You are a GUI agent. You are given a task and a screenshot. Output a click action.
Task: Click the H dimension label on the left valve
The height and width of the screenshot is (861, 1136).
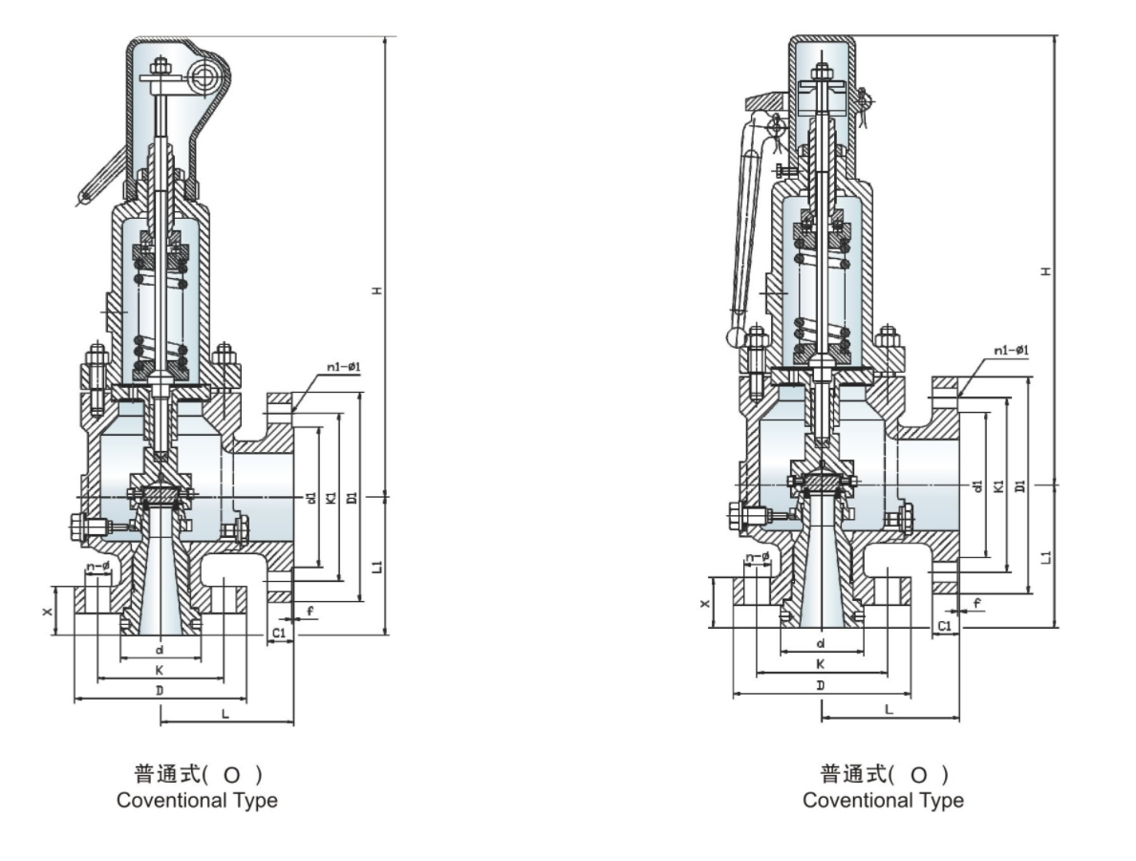(376, 290)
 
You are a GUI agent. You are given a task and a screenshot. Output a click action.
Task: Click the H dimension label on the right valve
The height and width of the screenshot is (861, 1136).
(1045, 271)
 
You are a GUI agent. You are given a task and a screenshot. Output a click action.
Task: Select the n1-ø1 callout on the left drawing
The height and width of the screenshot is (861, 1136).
(343, 367)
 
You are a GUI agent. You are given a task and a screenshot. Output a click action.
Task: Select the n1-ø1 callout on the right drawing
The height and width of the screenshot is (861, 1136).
(1012, 350)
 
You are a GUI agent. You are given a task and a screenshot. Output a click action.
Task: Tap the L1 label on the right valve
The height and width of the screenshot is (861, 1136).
(1045, 557)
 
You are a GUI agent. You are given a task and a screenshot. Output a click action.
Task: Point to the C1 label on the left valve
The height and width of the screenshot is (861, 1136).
(279, 633)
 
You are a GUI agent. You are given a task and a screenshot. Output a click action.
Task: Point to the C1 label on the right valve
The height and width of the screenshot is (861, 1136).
(945, 626)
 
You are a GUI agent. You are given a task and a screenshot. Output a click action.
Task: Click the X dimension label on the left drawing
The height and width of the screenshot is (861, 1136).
(48, 612)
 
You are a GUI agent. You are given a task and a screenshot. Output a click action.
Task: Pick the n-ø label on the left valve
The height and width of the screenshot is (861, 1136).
(97, 566)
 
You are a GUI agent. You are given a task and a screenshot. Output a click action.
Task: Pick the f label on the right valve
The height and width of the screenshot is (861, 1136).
(976, 602)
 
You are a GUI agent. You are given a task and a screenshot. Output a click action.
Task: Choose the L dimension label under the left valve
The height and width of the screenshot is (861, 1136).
(225, 714)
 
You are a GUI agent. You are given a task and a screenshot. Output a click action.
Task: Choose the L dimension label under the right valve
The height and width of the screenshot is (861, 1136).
(889, 709)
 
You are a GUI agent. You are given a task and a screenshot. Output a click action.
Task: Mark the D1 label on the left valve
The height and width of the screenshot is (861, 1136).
(353, 498)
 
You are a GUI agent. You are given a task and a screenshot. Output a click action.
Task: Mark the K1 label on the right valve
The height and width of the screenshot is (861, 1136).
(999, 485)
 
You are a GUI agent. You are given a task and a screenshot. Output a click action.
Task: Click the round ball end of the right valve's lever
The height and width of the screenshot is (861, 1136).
(736, 336)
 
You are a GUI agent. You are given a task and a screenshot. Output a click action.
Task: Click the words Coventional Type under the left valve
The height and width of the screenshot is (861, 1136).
(197, 800)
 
